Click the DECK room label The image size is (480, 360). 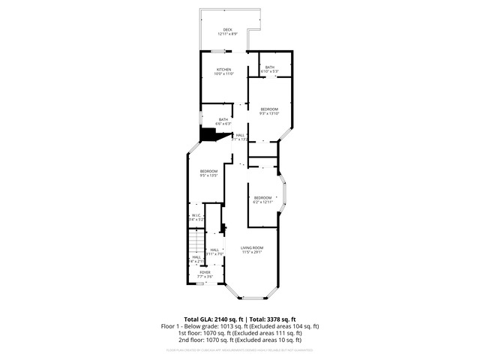227,30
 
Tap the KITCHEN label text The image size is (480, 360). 224,69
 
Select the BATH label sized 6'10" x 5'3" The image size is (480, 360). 270,67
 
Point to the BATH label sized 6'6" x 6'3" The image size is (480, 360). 223,119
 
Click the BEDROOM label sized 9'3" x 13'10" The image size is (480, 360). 269,109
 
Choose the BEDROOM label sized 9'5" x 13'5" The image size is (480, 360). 208,172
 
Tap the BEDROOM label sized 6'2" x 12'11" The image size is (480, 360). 262,198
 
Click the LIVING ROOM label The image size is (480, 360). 252,248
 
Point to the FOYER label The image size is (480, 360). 205,273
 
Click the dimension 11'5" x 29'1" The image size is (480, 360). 252,253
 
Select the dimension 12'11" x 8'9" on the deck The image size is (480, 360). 227,34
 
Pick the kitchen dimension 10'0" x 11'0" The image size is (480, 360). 224,73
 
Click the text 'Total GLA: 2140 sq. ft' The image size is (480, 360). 213,319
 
